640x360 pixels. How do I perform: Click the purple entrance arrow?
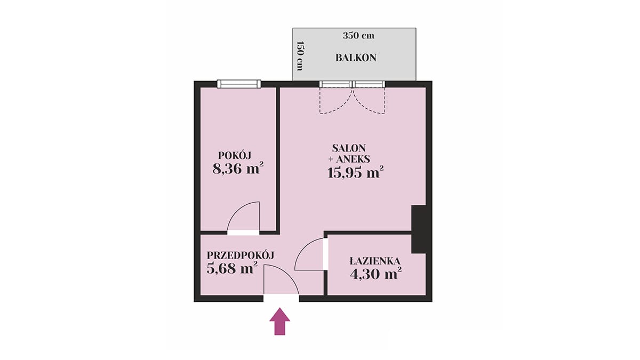point(279,321)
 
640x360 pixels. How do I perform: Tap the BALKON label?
point(356,58)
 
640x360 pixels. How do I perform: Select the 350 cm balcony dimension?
point(358,36)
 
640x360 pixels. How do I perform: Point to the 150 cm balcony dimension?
point(300,56)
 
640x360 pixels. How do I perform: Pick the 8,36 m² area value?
point(238,169)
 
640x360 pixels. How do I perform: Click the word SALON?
point(349,148)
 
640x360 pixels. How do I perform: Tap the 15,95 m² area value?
point(355,172)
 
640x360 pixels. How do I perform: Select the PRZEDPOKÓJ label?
point(241,255)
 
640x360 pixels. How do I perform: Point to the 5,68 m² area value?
point(231,268)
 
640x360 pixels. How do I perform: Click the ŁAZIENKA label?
point(375,261)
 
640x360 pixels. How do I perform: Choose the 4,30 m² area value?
point(375,274)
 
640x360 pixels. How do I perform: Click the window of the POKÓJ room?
point(239,84)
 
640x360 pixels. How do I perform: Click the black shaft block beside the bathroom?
point(419,229)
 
